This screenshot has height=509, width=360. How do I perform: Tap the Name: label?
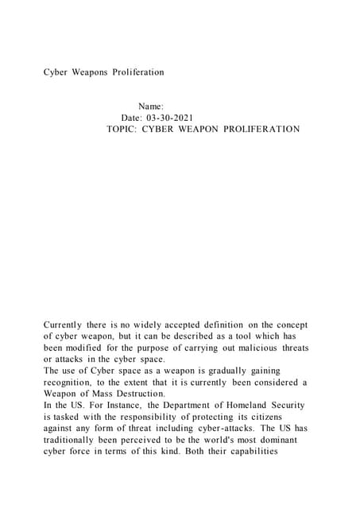pyautogui.click(x=151, y=106)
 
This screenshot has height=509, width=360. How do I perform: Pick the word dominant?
pyautogui.click(x=281, y=440)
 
